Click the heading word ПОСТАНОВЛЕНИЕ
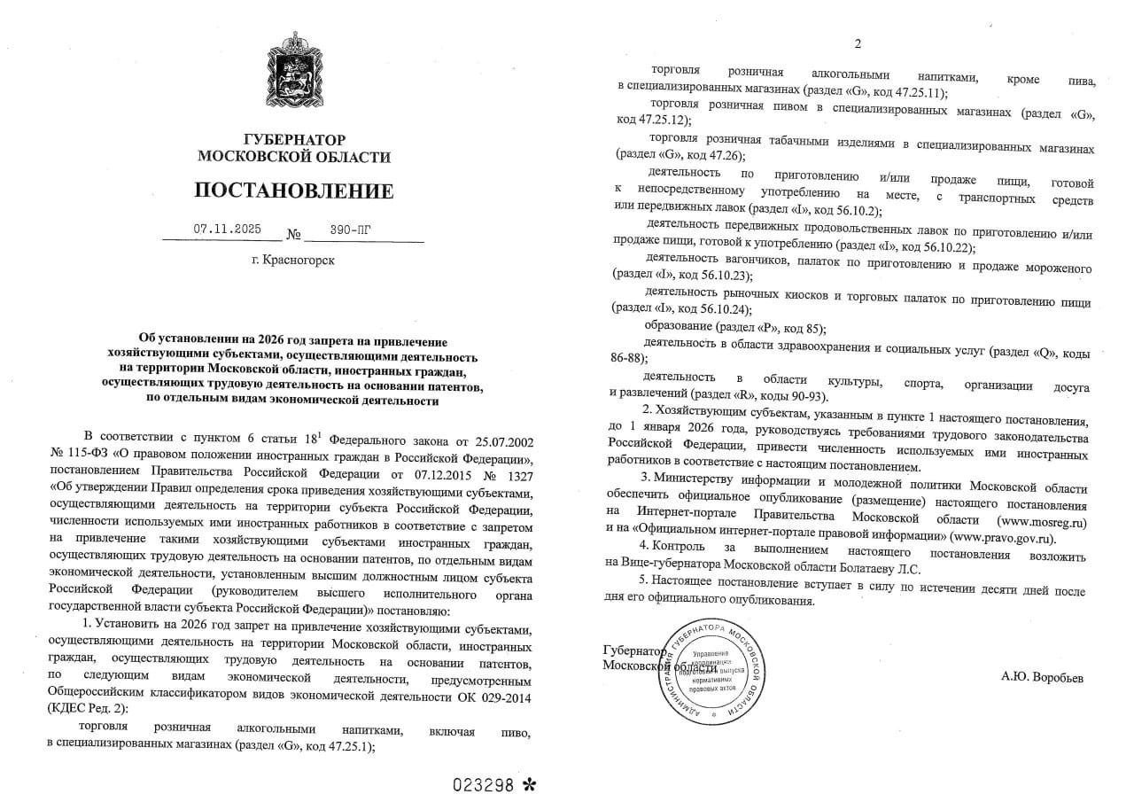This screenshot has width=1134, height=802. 293,191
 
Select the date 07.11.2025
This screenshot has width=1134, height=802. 227,229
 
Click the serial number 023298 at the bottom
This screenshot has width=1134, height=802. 484,785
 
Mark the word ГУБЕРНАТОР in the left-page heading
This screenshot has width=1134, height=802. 293,140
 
